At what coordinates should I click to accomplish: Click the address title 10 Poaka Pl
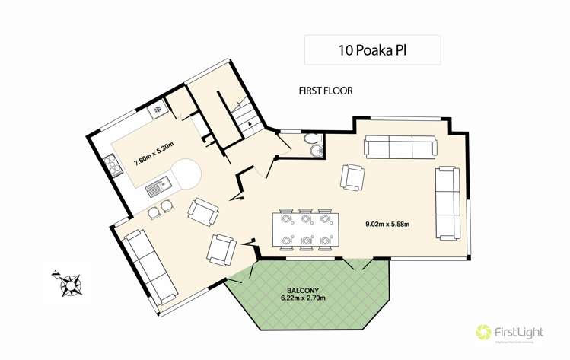pyautogui.click(x=372, y=50)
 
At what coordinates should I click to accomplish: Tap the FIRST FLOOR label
pyautogui.click(x=326, y=91)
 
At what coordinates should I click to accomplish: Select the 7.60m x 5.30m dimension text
pyautogui.click(x=154, y=160)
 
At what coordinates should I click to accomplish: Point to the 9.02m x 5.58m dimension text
pyautogui.click(x=387, y=224)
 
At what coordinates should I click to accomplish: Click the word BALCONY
pyautogui.click(x=303, y=290)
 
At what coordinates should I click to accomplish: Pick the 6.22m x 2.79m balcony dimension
pyautogui.click(x=302, y=298)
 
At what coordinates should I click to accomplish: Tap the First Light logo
pyautogui.click(x=508, y=332)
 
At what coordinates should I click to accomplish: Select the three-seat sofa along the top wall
pyautogui.click(x=400, y=146)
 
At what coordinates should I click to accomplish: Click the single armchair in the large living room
pyautogui.click(x=352, y=177)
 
